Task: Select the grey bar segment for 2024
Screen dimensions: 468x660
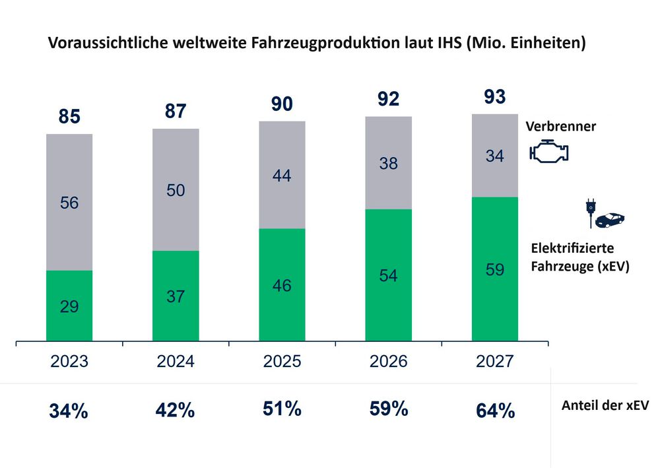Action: pos(176,189)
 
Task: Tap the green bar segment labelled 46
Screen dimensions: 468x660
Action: pos(282,285)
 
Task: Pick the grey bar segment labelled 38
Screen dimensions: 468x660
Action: pos(388,163)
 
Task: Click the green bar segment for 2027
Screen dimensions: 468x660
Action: pos(495,269)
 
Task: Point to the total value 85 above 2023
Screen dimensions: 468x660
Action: pos(69,117)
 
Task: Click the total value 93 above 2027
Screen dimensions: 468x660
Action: pos(495,97)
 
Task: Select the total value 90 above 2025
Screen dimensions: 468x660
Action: pos(282,104)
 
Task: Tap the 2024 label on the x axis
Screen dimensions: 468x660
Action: pos(176,362)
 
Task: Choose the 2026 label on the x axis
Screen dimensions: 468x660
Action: pos(389,362)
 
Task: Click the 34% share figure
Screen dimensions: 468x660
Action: pos(69,411)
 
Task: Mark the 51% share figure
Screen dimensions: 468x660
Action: pos(282,409)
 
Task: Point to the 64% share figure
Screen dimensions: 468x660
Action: pos(495,411)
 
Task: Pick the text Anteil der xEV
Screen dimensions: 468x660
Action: pos(605,406)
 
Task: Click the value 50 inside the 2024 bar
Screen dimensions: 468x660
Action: pos(176,191)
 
